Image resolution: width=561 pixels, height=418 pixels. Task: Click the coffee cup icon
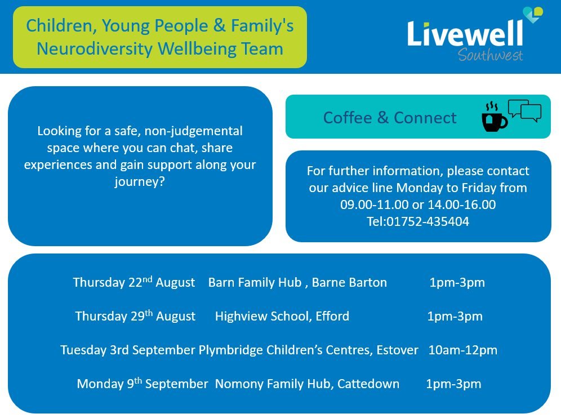[x=494, y=118]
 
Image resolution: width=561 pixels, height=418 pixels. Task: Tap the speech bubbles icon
[x=524, y=110]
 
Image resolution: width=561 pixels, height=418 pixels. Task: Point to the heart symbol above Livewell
[x=532, y=15]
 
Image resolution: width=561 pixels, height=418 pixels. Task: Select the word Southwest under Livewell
[x=490, y=55]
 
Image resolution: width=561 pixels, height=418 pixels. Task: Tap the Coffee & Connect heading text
[x=390, y=118]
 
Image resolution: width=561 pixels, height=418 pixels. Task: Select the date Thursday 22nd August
[x=134, y=282]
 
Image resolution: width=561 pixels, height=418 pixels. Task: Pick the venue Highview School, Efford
[x=282, y=317]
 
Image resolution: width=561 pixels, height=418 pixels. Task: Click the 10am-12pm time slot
[x=463, y=350]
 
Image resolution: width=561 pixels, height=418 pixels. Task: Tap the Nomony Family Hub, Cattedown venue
[x=307, y=384]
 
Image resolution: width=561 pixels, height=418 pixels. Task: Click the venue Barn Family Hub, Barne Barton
[x=297, y=283]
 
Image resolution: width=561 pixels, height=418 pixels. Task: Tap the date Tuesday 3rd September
[x=128, y=350]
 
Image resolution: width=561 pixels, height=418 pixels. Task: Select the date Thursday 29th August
[x=135, y=317]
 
